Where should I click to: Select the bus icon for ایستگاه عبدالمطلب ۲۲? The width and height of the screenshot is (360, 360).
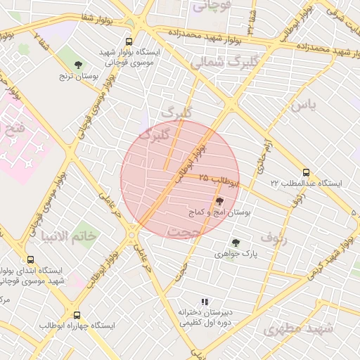coord(305,172)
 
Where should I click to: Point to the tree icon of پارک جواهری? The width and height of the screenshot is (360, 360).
coord(236,243)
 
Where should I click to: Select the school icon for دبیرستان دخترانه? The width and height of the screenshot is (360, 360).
coord(205,302)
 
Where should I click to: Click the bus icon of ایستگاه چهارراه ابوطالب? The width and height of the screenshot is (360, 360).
coord(77,316)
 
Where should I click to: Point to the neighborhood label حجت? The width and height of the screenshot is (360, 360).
coord(186,231)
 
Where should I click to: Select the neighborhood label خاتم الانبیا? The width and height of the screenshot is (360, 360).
coord(70,236)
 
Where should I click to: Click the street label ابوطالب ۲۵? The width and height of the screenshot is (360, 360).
coord(218,179)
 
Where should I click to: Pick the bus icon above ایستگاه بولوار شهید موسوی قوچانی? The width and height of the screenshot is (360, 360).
coord(128,42)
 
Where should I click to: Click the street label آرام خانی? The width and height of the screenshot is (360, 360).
coord(263,157)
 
